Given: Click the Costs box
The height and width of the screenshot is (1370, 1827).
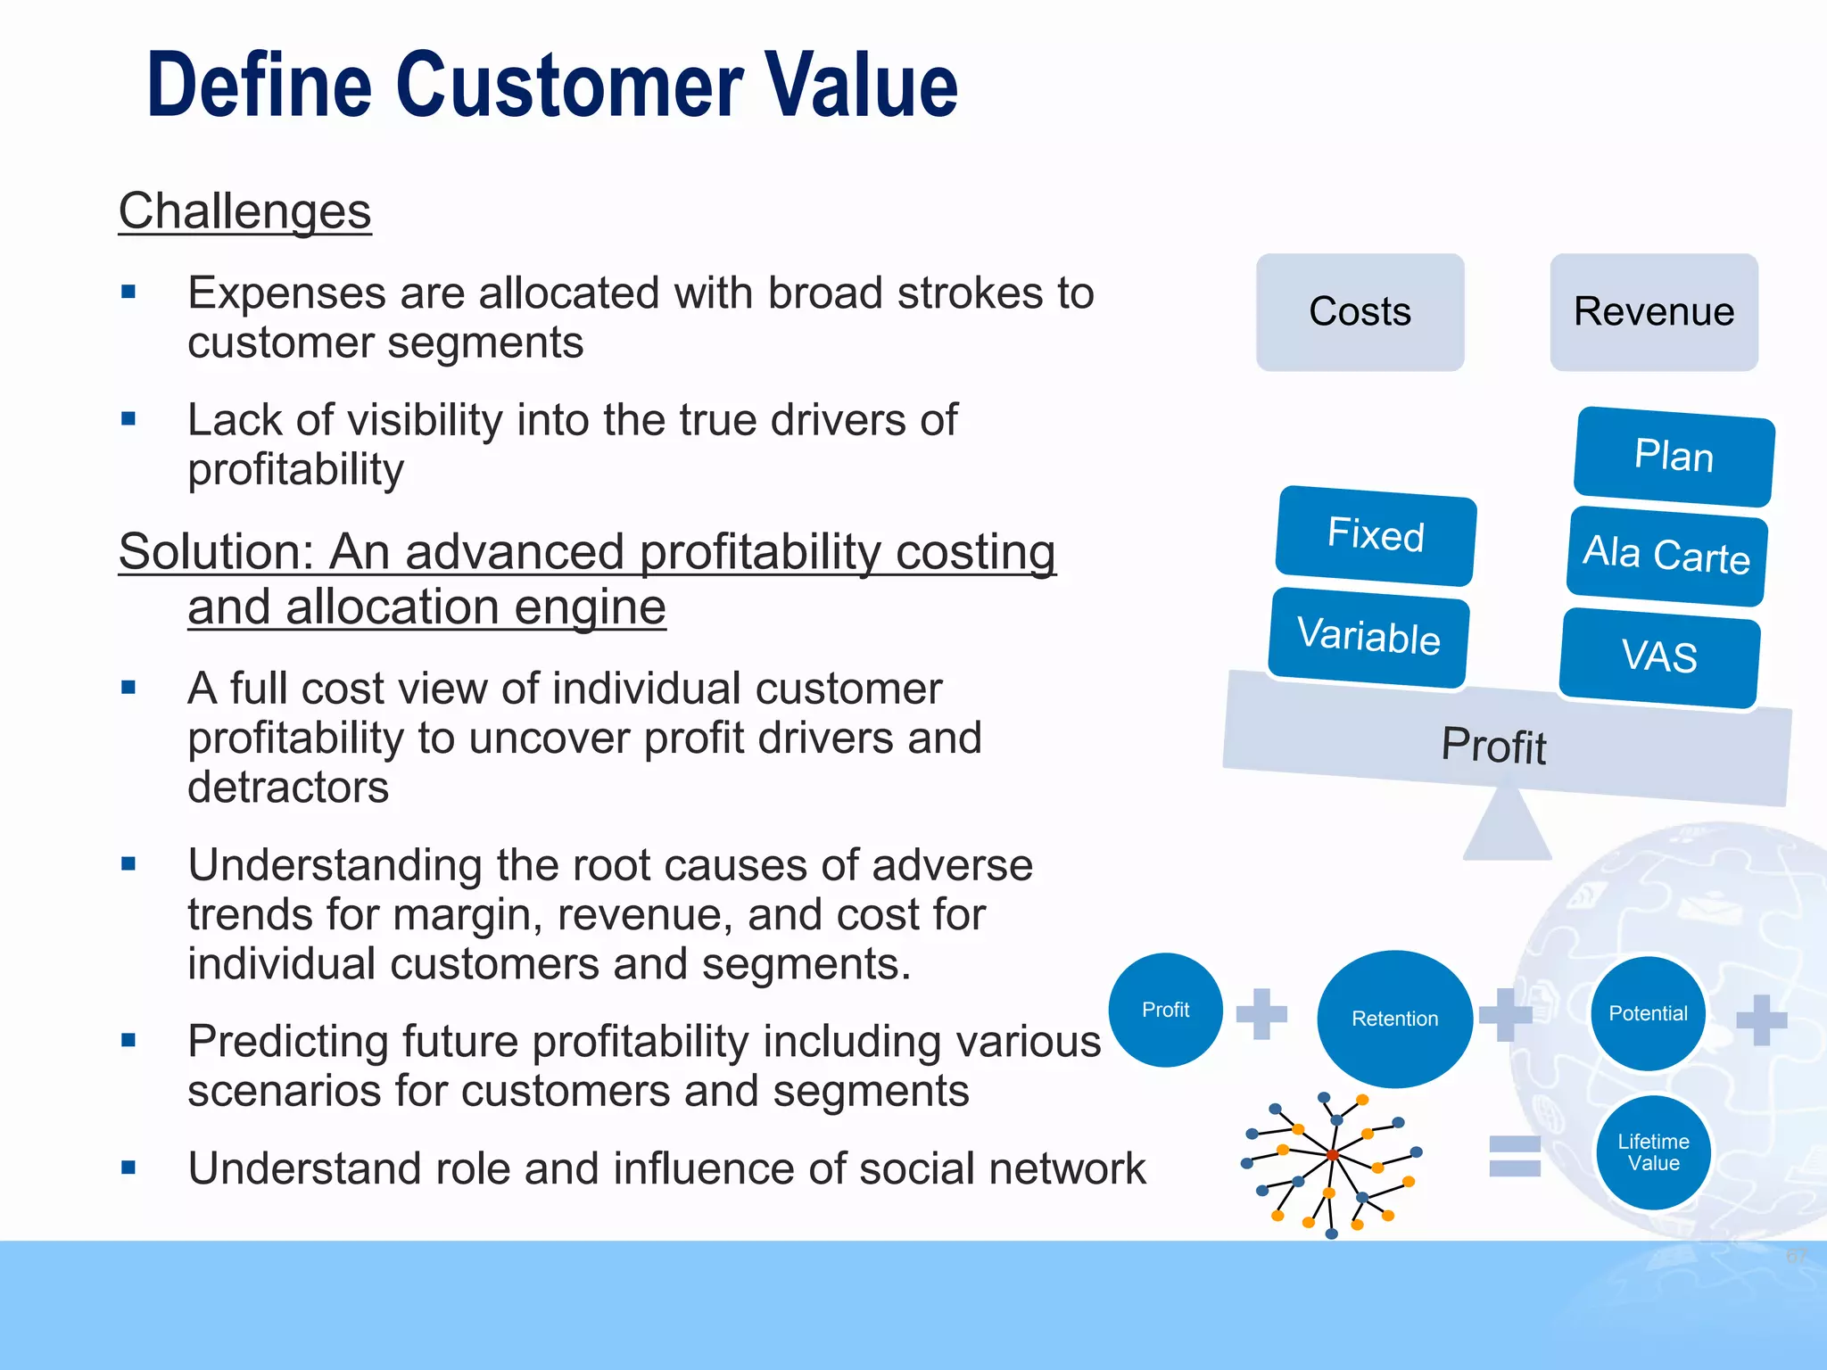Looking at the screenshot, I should [x=1360, y=312].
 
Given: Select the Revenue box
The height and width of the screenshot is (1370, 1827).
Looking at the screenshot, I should [x=1654, y=312].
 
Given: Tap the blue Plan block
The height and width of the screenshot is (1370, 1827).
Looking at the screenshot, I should [x=1674, y=457].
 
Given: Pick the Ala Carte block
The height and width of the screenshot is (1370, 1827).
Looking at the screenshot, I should [x=1666, y=556].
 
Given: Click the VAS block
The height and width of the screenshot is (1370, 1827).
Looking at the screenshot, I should [x=1659, y=657].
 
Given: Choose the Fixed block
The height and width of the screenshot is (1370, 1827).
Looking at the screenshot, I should [x=1376, y=535].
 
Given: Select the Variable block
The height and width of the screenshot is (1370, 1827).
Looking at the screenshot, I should [x=1368, y=637].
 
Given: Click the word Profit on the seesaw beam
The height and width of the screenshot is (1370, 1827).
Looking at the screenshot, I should [x=1494, y=746].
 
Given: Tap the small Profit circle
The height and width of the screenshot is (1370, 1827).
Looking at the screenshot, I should [x=1165, y=1010].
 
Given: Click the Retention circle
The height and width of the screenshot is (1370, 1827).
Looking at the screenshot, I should [x=1394, y=1019].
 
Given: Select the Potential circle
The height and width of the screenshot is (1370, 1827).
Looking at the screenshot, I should [x=1648, y=1013].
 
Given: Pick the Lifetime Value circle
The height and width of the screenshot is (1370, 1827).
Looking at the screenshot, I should [x=1653, y=1152].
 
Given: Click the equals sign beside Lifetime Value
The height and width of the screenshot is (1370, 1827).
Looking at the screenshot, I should [x=1515, y=1156].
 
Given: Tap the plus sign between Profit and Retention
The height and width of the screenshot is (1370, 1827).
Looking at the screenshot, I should [x=1261, y=1013].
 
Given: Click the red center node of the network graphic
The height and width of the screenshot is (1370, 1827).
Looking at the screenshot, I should [x=1332, y=1155].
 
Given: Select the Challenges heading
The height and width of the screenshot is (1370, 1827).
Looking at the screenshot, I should [x=244, y=212].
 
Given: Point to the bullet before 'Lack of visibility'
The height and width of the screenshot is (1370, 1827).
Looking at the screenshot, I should [x=128, y=418].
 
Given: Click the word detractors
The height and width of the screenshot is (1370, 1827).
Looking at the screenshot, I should [x=288, y=788].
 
